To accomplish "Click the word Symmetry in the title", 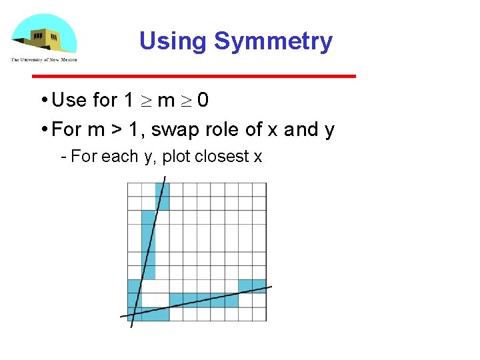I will coord(273,41).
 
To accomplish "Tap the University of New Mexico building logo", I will coord(43,34).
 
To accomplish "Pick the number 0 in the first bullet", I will coord(203,100).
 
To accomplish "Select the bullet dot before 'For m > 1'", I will coord(43,130).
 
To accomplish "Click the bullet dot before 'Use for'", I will coord(43,101).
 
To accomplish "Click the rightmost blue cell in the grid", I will coord(252,286).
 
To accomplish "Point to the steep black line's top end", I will coord(165,177).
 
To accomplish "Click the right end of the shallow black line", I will coord(271,287).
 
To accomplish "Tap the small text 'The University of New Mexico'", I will coord(43,59).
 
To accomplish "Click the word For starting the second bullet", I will coord(65,129).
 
